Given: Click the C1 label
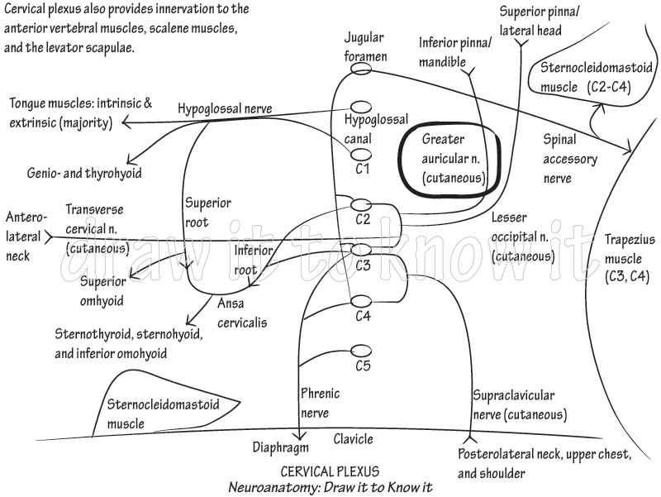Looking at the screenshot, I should (x=361, y=169).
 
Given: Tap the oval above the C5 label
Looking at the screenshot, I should (x=360, y=350).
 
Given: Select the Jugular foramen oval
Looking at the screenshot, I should (x=361, y=69).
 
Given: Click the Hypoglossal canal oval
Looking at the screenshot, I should (x=361, y=107).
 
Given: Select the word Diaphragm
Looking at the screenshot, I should (x=280, y=447).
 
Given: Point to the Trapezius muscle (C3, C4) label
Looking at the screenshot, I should (x=629, y=257).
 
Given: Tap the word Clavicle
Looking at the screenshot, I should (x=353, y=439).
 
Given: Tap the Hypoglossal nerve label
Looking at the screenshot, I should (x=224, y=109).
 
